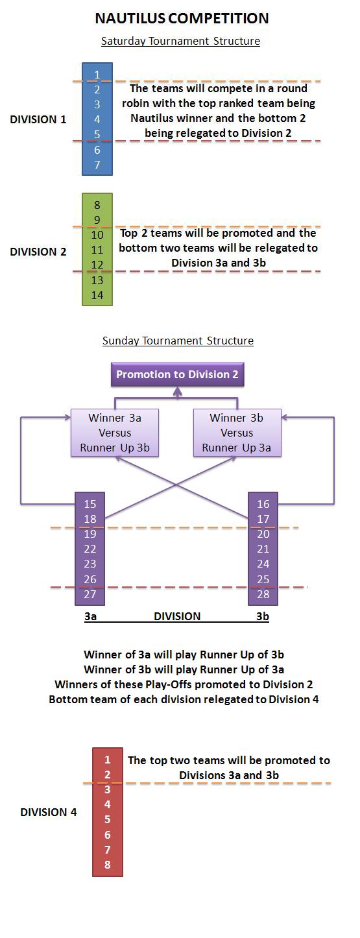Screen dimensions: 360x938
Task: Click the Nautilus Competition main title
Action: pos(182,18)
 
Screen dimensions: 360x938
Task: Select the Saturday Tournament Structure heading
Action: pos(180,41)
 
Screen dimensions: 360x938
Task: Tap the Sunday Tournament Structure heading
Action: pos(178,341)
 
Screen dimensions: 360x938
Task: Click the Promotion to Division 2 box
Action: pos(177,374)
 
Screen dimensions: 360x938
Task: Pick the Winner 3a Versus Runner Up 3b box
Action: pos(115,433)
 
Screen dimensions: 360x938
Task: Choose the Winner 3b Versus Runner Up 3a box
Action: pos(237,433)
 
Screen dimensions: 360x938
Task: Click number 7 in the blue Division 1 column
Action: pos(97,165)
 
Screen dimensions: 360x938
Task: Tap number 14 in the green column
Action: pos(97,295)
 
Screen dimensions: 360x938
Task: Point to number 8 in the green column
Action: pos(97,205)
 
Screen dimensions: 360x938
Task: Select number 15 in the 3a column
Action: pos(90,504)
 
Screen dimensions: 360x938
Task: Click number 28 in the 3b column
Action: pos(263,594)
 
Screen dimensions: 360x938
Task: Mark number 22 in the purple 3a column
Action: pos(90,549)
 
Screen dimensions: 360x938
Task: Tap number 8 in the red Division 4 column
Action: pos(108,864)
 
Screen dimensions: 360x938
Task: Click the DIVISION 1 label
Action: pos(38,119)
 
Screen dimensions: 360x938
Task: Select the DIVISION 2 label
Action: pos(38,252)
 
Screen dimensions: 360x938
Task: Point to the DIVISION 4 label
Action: pos(49,812)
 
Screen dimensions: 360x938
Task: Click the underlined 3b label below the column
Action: pos(263,616)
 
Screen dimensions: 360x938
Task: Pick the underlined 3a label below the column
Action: pos(90,616)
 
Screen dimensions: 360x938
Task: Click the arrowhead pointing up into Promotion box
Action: pos(178,391)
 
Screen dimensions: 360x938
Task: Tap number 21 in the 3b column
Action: pos(263,549)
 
